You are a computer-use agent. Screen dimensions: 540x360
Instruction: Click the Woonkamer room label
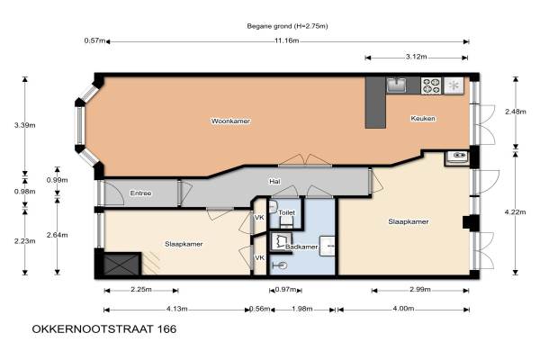[x=230, y=121]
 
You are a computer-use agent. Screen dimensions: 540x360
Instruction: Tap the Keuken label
[x=423, y=118]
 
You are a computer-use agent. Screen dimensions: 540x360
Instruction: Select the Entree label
[x=140, y=193]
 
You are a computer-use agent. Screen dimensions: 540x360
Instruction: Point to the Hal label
[x=274, y=181]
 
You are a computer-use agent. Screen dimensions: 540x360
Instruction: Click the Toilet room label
[x=286, y=212]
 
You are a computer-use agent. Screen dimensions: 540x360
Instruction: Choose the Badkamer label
[x=301, y=247]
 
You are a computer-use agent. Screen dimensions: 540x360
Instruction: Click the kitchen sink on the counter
[x=396, y=85]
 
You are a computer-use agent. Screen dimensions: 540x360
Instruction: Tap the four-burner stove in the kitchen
[x=431, y=85]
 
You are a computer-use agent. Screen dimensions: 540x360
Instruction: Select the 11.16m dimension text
[x=286, y=40]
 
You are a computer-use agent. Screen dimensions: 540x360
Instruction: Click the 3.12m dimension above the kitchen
[x=416, y=57]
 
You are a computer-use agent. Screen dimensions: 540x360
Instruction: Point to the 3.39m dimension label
[x=25, y=125]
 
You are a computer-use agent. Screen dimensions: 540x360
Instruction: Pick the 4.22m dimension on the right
[x=515, y=211]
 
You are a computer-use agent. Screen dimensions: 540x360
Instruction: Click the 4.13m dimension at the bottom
[x=176, y=309]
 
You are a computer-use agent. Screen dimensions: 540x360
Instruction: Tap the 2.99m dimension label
[x=419, y=289]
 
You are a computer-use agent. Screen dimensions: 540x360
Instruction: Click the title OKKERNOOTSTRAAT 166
[x=104, y=329]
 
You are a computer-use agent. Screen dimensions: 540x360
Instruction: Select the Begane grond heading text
[x=287, y=26]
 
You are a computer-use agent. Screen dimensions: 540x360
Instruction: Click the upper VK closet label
[x=259, y=218]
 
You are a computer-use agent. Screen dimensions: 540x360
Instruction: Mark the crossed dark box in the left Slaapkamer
[x=121, y=265]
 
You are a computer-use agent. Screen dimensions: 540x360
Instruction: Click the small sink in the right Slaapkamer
[x=456, y=157]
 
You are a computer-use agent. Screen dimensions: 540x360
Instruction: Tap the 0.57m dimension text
[x=94, y=40]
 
